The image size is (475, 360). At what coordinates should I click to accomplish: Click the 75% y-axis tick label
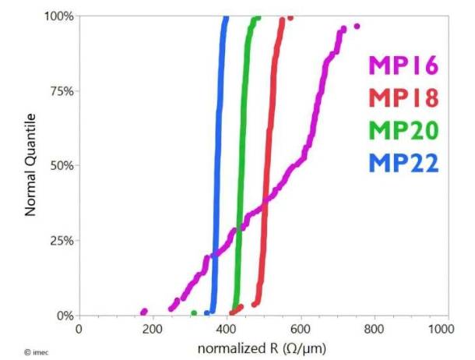point(62,91)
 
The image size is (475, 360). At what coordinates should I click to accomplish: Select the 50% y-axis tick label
point(62,166)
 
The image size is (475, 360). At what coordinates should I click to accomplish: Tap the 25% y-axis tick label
point(62,241)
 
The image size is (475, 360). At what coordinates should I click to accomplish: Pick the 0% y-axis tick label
point(65,316)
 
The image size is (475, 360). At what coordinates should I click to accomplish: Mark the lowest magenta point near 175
point(143,312)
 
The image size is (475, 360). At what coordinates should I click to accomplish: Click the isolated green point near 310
point(194,313)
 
